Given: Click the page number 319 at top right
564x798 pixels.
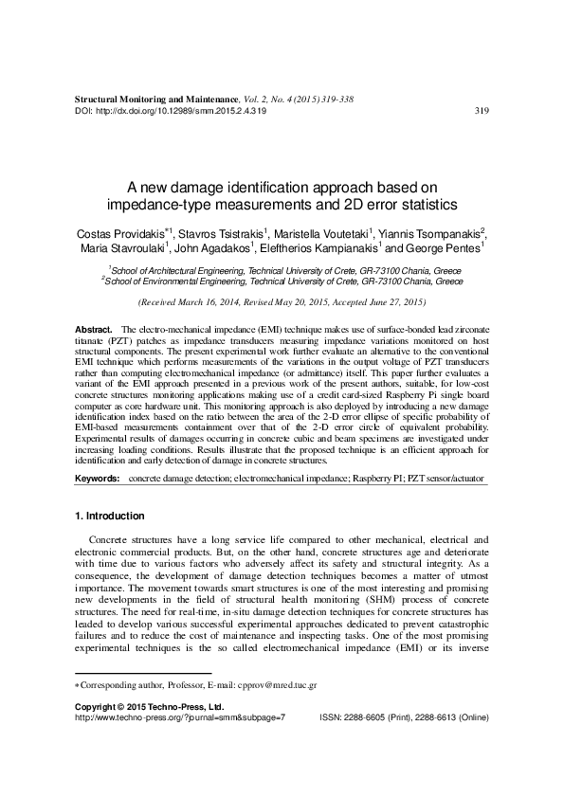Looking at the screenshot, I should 480,111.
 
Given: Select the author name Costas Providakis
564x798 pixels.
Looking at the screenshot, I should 111,233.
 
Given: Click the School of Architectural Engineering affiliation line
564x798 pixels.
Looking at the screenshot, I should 282,269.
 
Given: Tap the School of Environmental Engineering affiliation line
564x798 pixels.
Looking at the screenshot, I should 282,281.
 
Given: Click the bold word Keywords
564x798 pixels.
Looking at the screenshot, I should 97,481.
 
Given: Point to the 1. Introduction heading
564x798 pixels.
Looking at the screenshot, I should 109,517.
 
